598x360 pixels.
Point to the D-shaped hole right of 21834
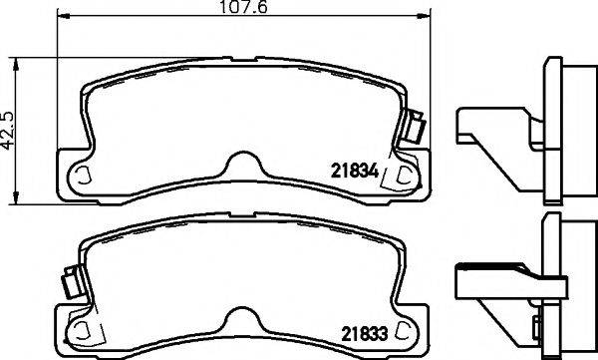tap(406, 176)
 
